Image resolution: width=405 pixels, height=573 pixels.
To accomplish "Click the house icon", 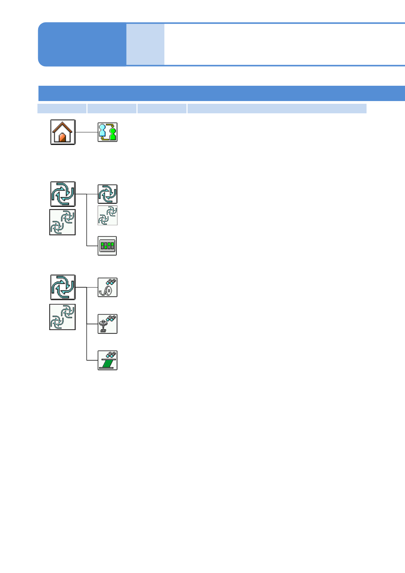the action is pyautogui.click(x=63, y=132).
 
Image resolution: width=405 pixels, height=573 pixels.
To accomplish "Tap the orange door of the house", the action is pyautogui.click(x=62, y=137).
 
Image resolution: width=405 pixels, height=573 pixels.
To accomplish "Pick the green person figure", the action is pyautogui.click(x=113, y=133).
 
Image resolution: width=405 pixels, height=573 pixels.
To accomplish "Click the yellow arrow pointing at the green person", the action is pyautogui.click(x=110, y=126).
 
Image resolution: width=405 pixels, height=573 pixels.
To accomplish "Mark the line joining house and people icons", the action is pyautogui.click(x=86, y=132).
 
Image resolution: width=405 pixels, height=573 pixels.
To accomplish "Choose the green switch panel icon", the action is pyautogui.click(x=107, y=246).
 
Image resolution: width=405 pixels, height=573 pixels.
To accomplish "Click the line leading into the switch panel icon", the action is pyautogui.click(x=92, y=246).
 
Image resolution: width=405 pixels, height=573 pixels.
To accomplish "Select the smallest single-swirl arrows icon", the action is pyautogui.click(x=108, y=194).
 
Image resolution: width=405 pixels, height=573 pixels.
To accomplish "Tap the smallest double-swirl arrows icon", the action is pyautogui.click(x=108, y=215).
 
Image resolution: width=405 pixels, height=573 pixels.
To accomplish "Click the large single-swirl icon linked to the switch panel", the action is pyautogui.click(x=63, y=194).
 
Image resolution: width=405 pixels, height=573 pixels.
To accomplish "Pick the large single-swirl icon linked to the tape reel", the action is pyautogui.click(x=63, y=287).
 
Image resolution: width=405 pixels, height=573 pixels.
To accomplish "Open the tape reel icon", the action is pyautogui.click(x=108, y=288).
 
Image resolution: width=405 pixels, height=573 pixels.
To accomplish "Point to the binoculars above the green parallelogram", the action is pyautogui.click(x=111, y=355).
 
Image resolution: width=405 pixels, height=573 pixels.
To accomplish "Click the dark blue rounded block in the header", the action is pyautogui.click(x=82, y=44).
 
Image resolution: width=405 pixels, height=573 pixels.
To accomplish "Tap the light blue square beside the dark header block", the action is pyautogui.click(x=145, y=44).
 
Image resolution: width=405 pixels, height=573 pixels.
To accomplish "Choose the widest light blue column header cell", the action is pyautogui.click(x=277, y=109).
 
